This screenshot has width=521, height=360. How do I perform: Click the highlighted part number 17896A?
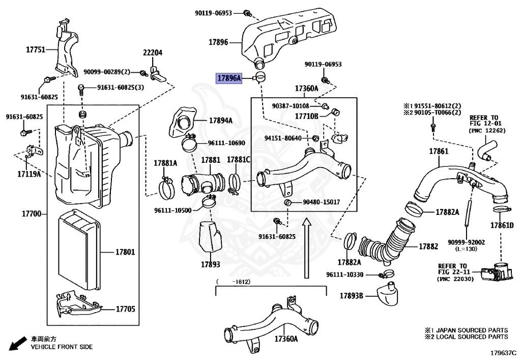(x=229, y=78)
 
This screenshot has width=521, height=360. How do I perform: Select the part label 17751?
(x=36, y=50)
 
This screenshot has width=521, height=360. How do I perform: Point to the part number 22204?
(x=152, y=52)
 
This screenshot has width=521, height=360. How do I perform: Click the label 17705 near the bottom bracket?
(x=125, y=309)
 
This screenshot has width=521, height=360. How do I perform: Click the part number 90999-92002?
(x=466, y=242)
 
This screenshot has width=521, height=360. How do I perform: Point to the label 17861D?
(x=502, y=225)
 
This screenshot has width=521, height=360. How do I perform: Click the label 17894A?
(x=220, y=121)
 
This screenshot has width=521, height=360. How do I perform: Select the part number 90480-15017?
(x=321, y=202)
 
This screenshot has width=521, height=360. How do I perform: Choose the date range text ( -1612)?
(x=235, y=282)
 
